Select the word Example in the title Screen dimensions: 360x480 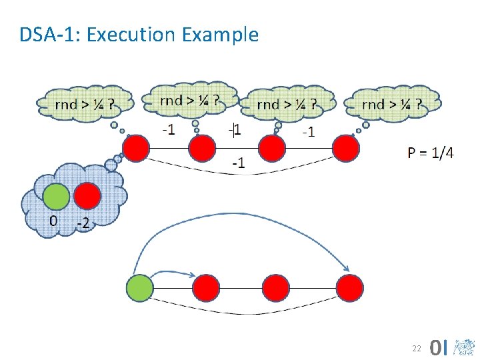click(223, 34)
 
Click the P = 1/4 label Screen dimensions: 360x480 click(431, 153)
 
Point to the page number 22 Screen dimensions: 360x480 click(416, 348)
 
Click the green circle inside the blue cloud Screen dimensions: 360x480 click(56, 197)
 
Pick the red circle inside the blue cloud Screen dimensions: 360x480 click(87, 197)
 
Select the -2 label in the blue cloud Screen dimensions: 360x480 click(83, 224)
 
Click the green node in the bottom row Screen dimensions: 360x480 click(139, 288)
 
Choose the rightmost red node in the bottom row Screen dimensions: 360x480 click(350, 288)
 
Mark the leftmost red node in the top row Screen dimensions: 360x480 click(136, 148)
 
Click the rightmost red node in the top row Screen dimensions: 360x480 click(346, 148)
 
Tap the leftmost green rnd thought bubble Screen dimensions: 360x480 click(84, 104)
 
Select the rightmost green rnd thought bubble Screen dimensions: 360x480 click(391, 104)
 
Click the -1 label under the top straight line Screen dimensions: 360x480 click(237, 162)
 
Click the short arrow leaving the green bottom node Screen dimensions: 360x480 click(175, 273)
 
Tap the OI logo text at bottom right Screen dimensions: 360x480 click(439, 347)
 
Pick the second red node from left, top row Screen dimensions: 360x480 click(201, 148)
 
